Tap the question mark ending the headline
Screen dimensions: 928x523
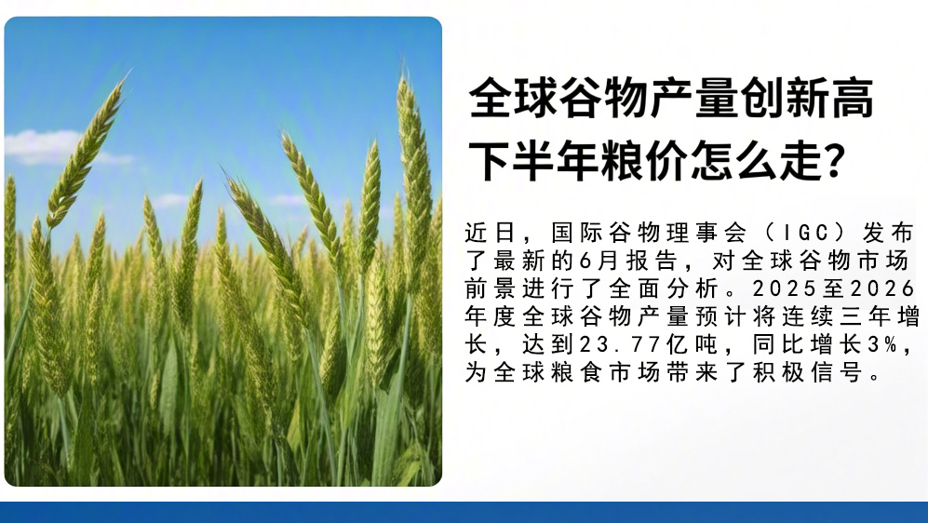(834, 159)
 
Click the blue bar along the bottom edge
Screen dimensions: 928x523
(464, 513)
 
